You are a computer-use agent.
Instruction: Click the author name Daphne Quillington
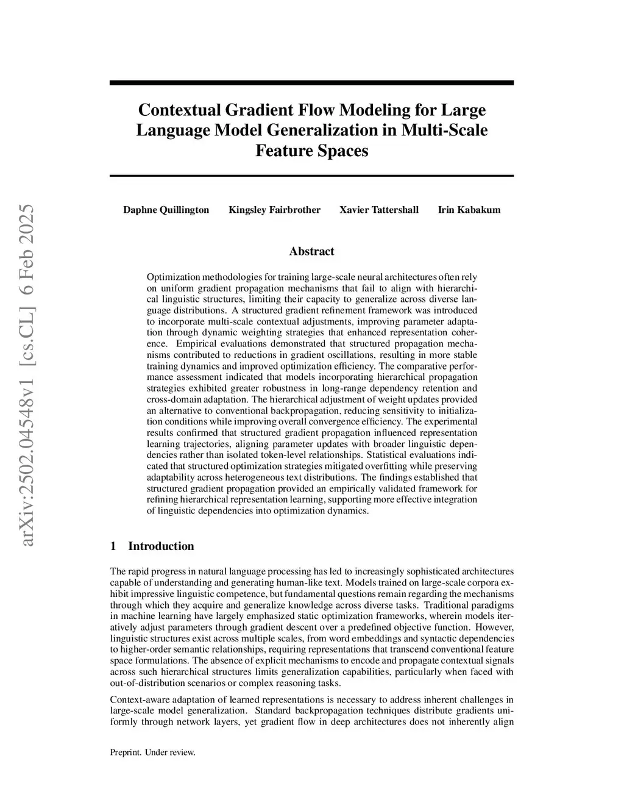166,210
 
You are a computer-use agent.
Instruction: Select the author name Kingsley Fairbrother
274,210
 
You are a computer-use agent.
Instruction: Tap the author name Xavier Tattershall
378,210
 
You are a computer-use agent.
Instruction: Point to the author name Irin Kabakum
469,210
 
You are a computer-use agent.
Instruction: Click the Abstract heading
311,251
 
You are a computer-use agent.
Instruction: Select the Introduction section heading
160,546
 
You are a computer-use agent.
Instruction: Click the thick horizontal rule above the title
311,82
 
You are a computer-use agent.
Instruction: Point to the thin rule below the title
311,176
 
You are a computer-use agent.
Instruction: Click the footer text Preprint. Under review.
152,753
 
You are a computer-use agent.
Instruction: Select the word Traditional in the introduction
452,605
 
